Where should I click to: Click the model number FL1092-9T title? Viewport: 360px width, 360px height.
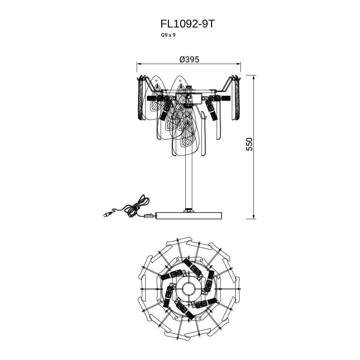(x=188, y=24)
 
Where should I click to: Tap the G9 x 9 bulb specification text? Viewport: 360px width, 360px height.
(x=168, y=35)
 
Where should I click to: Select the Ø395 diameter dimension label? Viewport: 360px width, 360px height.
(x=189, y=59)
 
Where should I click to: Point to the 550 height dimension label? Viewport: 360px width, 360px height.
(x=249, y=144)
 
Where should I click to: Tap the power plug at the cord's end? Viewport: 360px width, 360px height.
(x=107, y=214)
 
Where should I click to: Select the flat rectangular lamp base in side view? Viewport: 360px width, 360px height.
(x=189, y=215)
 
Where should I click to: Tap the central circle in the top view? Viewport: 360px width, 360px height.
(x=188, y=289)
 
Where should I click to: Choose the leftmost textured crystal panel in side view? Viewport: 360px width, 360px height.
(x=141, y=98)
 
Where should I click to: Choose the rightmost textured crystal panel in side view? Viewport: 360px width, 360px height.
(x=237, y=98)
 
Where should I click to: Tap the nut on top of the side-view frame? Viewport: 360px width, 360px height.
(x=189, y=88)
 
